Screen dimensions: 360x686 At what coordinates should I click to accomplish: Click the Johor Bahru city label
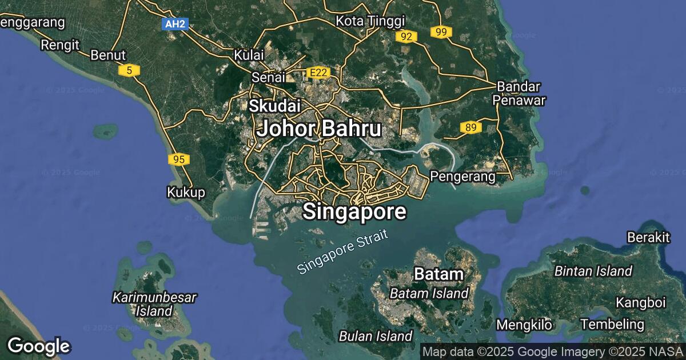[x=319, y=129]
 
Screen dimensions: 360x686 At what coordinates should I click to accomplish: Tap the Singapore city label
[x=354, y=211]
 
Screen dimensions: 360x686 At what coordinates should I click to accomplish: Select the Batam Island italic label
[x=429, y=294]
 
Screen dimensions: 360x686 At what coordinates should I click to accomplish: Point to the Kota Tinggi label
[x=370, y=21]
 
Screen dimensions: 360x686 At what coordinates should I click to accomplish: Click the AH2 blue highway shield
[x=175, y=24]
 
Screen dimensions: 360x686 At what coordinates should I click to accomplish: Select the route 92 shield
[x=406, y=37]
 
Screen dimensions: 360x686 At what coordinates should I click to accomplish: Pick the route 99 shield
[x=441, y=32]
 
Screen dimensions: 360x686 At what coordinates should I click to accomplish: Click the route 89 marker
[x=470, y=127]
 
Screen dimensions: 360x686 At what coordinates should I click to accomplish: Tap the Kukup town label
[x=186, y=193]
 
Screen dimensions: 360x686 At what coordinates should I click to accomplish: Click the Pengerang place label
[x=462, y=177]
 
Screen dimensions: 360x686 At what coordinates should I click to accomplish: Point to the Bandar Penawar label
[x=519, y=93]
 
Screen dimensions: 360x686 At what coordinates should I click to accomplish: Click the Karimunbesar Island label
[x=154, y=304]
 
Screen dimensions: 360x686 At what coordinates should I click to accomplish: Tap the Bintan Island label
[x=593, y=271]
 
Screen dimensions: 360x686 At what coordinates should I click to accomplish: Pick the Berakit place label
[x=648, y=237]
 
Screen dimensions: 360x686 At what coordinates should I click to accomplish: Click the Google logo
[x=38, y=346]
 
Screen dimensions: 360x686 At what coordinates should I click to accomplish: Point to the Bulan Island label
[x=376, y=335]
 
